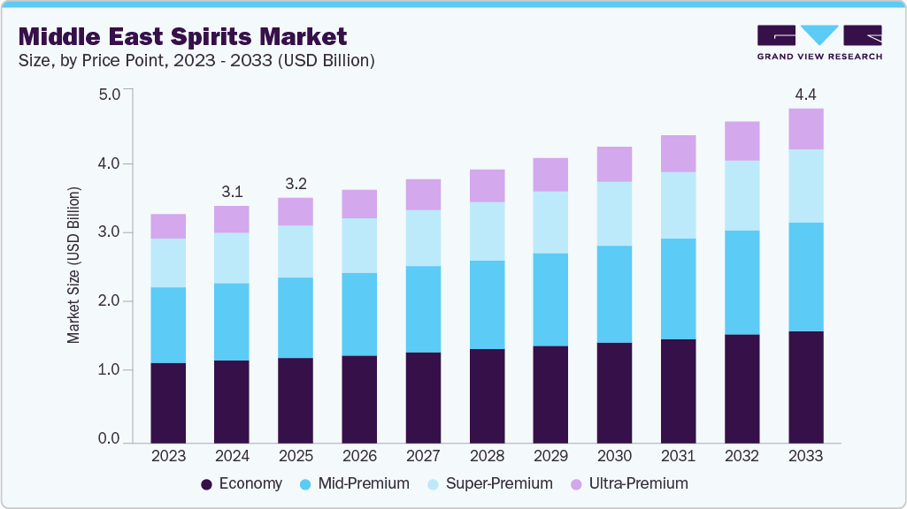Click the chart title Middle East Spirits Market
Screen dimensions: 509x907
(182, 36)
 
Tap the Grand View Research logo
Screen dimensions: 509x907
(819, 42)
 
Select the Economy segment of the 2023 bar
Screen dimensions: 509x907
(168, 402)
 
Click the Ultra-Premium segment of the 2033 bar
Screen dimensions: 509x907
(805, 129)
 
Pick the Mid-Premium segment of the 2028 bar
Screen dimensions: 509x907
(487, 305)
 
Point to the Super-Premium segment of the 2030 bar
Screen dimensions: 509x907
(614, 214)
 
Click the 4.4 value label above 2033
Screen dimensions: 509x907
(805, 95)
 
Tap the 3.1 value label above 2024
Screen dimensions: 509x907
(232, 191)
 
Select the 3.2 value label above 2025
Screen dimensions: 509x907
(296, 183)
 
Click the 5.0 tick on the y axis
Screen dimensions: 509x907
(109, 95)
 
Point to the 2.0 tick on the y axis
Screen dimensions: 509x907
(109, 301)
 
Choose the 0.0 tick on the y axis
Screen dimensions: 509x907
(109, 439)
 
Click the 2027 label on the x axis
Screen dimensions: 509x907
(423, 457)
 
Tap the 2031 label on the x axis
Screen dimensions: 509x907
(678, 457)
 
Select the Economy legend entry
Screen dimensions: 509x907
(242, 484)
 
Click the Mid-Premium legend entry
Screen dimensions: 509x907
(356, 484)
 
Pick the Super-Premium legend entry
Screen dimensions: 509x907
(488, 484)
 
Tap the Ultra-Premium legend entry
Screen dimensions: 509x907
(629, 484)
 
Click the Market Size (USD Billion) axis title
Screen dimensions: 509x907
(74, 265)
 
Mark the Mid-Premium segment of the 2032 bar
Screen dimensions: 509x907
(742, 283)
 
